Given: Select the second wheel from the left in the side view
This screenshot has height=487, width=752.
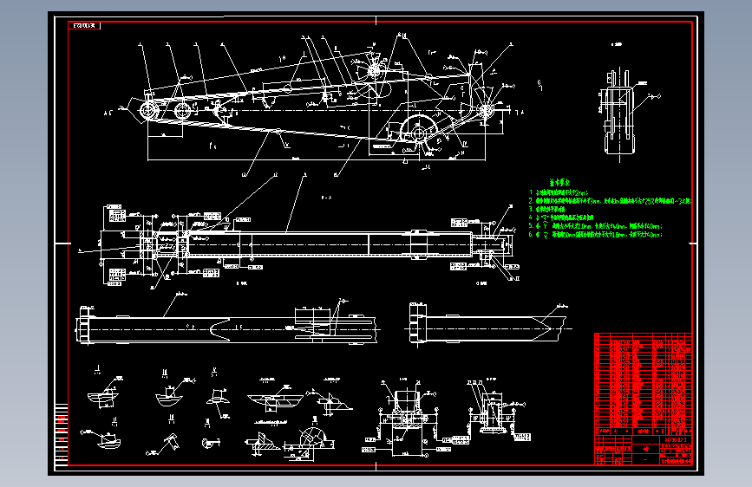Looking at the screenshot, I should [x=182, y=111].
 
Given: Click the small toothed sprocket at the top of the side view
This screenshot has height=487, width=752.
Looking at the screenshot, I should [x=375, y=71].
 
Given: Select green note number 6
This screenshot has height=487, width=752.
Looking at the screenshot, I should [x=598, y=234].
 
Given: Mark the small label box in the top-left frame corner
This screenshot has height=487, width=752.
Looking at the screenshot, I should [x=84, y=25].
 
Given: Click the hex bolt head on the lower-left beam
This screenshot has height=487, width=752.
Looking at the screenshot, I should [x=84, y=328].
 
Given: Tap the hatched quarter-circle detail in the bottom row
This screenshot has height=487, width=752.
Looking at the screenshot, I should [x=309, y=438].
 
